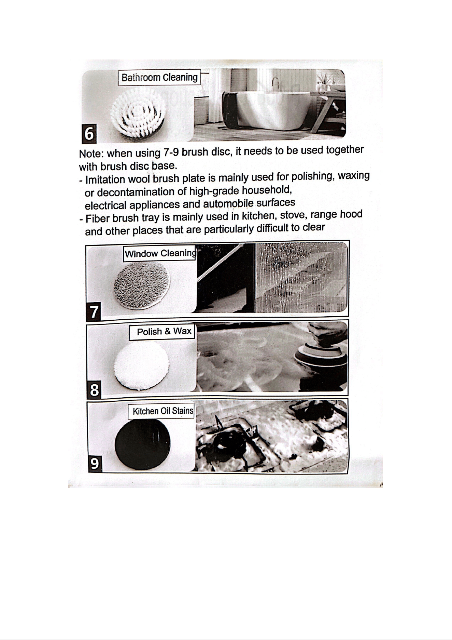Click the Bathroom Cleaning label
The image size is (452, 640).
(x=159, y=78)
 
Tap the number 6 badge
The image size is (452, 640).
(x=89, y=134)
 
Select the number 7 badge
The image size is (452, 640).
(x=94, y=312)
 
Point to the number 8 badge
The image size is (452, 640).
(x=94, y=390)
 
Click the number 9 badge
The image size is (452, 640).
(x=95, y=464)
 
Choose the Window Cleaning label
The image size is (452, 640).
(x=160, y=253)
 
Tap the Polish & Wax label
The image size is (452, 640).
(x=162, y=332)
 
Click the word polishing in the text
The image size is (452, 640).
(x=312, y=177)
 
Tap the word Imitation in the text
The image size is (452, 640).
(x=105, y=179)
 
